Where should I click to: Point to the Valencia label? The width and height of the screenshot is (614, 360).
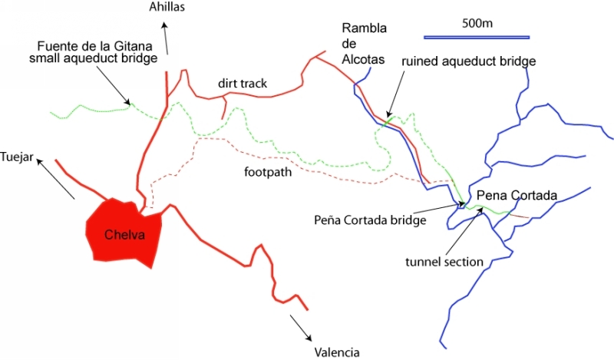pos(336,352)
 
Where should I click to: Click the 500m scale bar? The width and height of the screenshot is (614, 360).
pos(477,37)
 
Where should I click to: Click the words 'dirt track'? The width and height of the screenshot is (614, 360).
pos(242,82)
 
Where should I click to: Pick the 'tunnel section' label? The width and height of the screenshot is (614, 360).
pos(444,262)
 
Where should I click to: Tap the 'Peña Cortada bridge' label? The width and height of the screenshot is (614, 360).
pos(369,220)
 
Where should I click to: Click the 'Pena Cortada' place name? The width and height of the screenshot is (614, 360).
pos(511,194)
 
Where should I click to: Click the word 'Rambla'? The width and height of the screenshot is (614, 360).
pos(364,29)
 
